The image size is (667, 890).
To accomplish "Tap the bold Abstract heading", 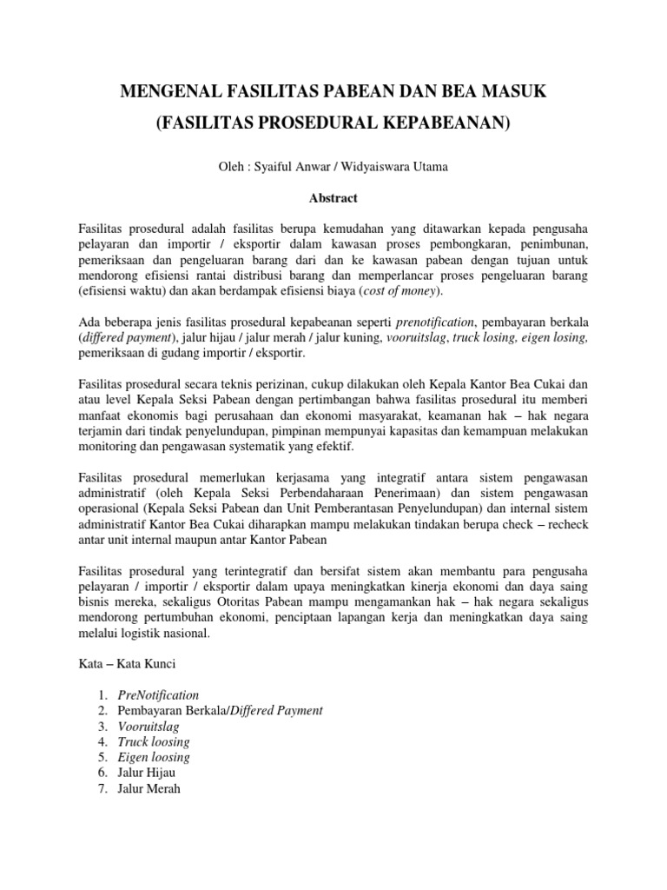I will [333, 198].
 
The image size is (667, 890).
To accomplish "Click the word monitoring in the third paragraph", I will [106, 446].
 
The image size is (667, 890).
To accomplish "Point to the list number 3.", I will [102, 727].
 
